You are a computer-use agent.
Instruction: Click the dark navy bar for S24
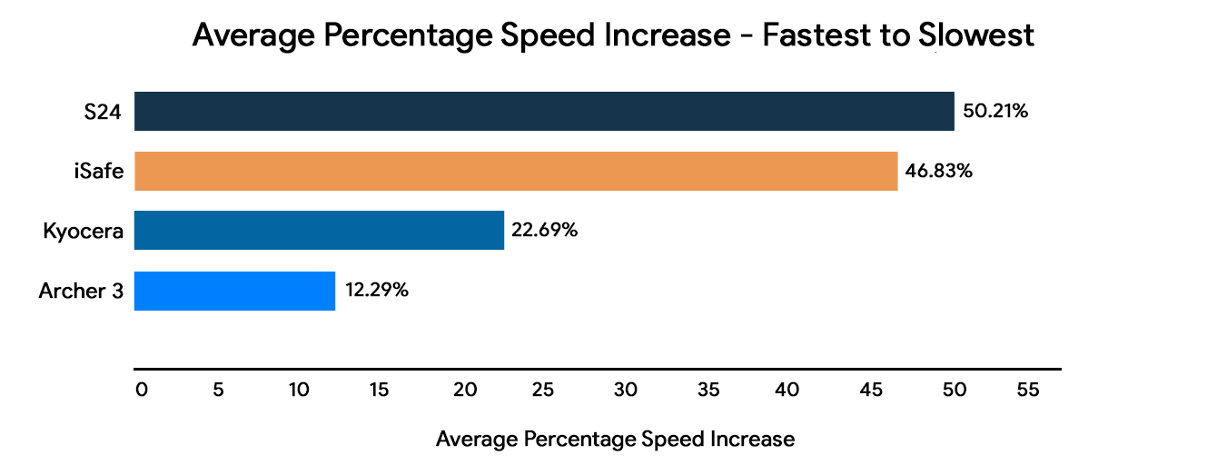pyautogui.click(x=544, y=111)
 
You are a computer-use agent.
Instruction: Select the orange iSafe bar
pyautogui.click(x=516, y=171)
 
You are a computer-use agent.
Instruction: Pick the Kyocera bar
pyautogui.click(x=319, y=230)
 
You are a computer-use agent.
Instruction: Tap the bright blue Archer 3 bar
pyautogui.click(x=234, y=291)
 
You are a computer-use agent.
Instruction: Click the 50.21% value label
pyautogui.click(x=994, y=112)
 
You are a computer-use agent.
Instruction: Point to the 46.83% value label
pyautogui.click(x=939, y=171)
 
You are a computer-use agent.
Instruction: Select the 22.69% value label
pyautogui.click(x=545, y=231)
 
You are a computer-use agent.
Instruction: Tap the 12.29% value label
pyautogui.click(x=376, y=291)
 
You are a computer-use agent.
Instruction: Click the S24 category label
pyautogui.click(x=104, y=112)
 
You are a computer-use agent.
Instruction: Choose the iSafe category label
pyautogui.click(x=99, y=171)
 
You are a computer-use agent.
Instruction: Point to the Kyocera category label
pyautogui.click(x=83, y=231)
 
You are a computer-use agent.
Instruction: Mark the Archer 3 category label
pyautogui.click(x=81, y=291)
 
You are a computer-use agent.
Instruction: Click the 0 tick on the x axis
pyautogui.click(x=141, y=390)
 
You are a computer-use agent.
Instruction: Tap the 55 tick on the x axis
pyautogui.click(x=1027, y=390)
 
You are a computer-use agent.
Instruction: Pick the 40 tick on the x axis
pyautogui.click(x=787, y=390)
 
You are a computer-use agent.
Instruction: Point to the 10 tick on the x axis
pyautogui.click(x=299, y=390)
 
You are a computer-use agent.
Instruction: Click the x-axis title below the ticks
pyautogui.click(x=615, y=440)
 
